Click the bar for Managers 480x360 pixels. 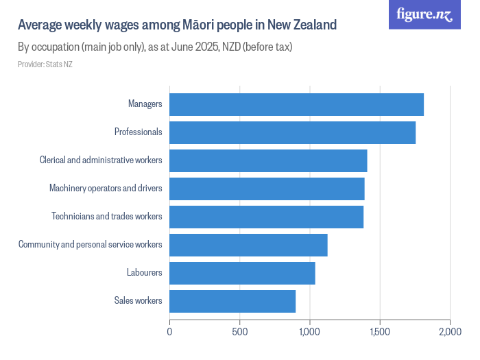tap(296, 104)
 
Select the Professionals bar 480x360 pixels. tap(292, 132)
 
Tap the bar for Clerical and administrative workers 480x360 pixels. tap(268, 160)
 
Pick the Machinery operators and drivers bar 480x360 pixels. tap(267, 189)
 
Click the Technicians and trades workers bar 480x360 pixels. tap(266, 217)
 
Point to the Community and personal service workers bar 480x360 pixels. tap(248, 245)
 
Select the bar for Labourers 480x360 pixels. tap(242, 273)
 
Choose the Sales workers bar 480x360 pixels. tap(232, 301)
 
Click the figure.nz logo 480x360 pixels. tap(424, 14)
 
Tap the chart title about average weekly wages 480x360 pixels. tap(177, 25)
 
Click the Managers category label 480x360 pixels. tap(145, 104)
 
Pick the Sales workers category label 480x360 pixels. tap(138, 301)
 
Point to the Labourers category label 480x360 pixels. tap(144, 273)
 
